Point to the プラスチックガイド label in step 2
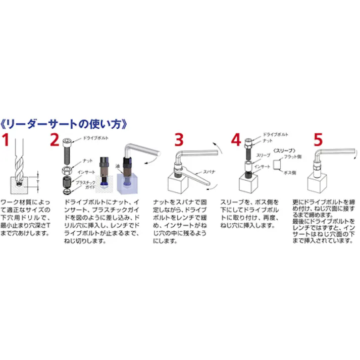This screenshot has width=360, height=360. click(87, 183)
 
